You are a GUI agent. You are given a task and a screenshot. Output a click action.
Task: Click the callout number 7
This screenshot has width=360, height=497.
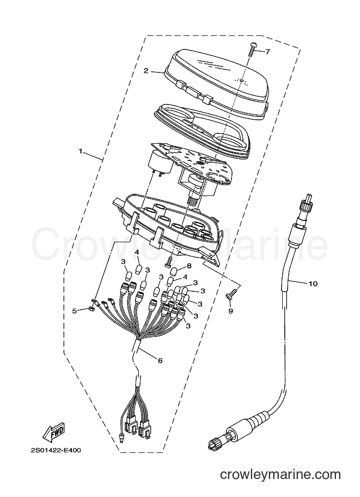(x=268, y=52)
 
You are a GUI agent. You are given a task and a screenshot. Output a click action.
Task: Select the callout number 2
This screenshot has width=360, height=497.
(x=146, y=71)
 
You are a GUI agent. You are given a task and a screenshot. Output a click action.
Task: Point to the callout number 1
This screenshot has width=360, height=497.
(x=81, y=151)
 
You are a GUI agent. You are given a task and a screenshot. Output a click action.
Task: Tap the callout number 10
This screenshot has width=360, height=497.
(x=313, y=284)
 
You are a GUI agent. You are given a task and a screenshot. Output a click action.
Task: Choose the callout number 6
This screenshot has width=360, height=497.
(x=160, y=360)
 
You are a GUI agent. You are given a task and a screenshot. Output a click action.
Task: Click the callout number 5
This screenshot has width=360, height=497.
(x=74, y=311)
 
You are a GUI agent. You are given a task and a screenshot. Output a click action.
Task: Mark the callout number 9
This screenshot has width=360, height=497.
(x=230, y=311)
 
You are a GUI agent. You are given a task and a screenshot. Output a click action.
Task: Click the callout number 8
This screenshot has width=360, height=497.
(x=189, y=265)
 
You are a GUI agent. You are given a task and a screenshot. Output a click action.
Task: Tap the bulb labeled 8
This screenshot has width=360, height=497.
(x=174, y=272)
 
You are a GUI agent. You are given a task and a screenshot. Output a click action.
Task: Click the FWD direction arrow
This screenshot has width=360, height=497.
(x=54, y=432)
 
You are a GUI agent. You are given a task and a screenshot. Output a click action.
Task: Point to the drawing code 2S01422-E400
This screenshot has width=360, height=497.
(x=56, y=450)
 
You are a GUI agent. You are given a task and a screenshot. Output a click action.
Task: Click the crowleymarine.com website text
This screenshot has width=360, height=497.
(x=280, y=483)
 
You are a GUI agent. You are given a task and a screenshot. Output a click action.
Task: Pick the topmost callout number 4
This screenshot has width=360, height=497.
(x=137, y=252)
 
